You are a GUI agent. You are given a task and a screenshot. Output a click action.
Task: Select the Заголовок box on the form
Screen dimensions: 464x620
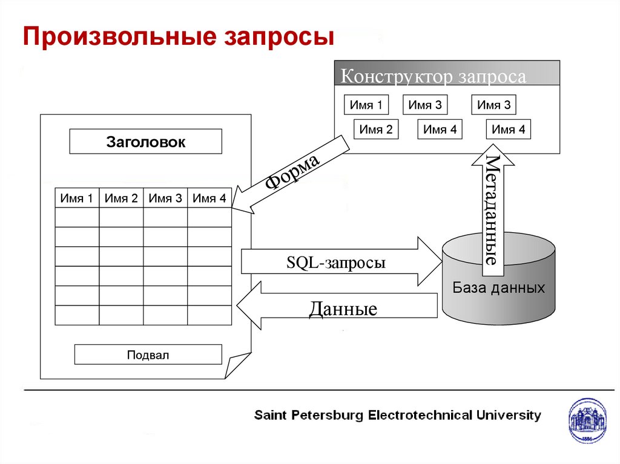pos(146,142)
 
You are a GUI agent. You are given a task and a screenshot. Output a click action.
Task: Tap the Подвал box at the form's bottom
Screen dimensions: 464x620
pos(148,355)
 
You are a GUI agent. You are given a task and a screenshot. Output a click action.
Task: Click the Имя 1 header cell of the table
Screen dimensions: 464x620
pos(77,198)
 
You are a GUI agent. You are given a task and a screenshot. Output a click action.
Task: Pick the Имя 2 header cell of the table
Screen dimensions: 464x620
pos(121,198)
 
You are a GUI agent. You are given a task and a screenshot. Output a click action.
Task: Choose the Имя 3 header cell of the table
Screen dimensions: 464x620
pos(165,198)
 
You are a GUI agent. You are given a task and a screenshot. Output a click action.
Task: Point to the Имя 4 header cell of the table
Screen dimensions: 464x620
pos(209,198)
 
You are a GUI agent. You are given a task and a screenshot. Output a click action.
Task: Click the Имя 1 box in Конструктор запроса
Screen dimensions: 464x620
pos(366,105)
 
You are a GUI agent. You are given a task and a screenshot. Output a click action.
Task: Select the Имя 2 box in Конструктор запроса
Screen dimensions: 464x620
pos(376,129)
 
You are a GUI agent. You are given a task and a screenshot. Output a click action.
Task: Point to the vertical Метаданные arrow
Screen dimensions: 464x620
pos(492,206)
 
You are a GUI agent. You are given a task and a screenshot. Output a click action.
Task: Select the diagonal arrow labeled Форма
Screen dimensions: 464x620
pos(291,175)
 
